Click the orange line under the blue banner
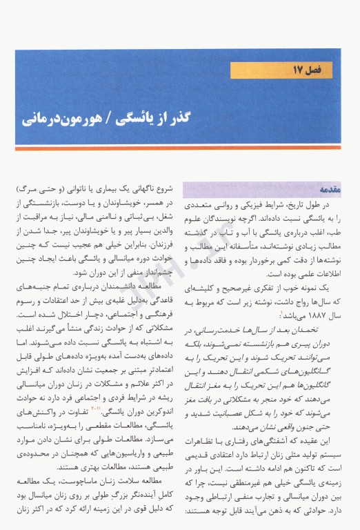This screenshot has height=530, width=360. coord(179,148)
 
